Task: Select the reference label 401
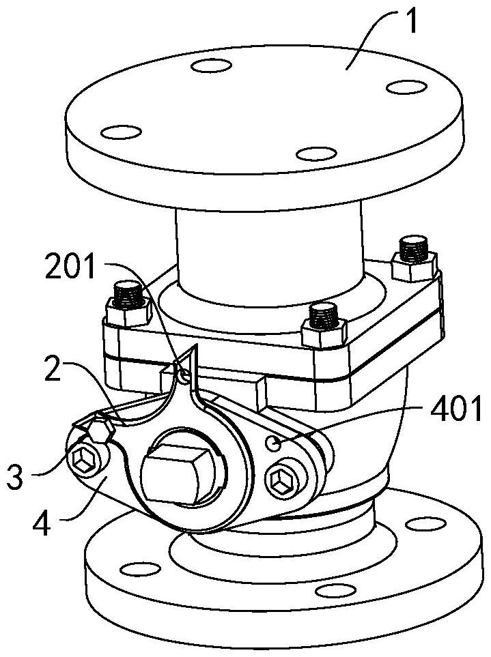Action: coord(456,409)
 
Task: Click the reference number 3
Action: coord(14,477)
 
